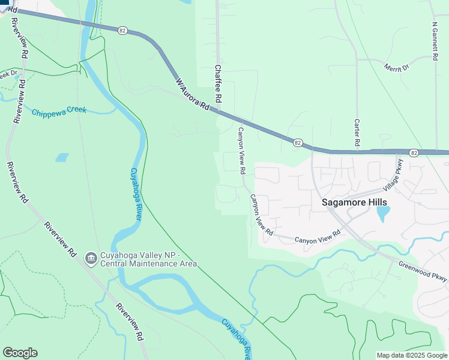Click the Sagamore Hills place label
(354, 202)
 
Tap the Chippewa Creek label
(59, 112)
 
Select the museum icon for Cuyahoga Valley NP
(91, 258)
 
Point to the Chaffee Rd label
(218, 84)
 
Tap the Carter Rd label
(357, 132)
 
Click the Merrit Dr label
(397, 67)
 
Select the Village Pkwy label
(397, 174)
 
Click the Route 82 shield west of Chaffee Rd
(122, 30)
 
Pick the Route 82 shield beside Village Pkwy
(414, 153)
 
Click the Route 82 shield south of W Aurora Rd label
(298, 143)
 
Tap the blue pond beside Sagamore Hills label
(383, 214)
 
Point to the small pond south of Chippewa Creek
(62, 157)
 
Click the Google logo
(20, 353)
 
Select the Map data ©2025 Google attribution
(412, 355)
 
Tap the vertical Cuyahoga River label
(135, 194)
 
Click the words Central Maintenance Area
(148, 264)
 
